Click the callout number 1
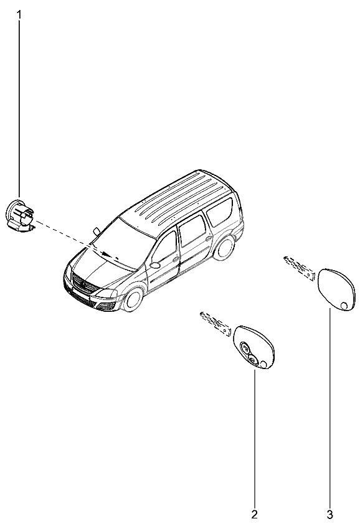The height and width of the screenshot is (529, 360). click(x=19, y=15)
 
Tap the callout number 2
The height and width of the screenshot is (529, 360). click(x=254, y=514)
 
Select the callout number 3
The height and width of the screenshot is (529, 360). click(x=330, y=515)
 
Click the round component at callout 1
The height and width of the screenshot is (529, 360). click(x=21, y=215)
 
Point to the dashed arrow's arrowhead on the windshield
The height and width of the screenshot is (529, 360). click(x=107, y=254)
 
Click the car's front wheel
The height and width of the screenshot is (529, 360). click(x=133, y=299)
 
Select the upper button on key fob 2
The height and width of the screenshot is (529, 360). click(x=245, y=347)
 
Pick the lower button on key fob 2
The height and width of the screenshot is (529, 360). click(x=253, y=360)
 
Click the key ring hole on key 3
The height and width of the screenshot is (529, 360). click(x=344, y=306)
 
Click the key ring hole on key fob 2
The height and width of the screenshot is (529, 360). click(x=263, y=364)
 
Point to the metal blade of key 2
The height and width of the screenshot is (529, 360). click(x=215, y=323)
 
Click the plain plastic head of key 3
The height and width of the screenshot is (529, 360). click(x=336, y=289)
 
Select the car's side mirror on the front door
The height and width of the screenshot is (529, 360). click(x=155, y=265)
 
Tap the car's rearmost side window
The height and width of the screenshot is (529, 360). click(x=220, y=212)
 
